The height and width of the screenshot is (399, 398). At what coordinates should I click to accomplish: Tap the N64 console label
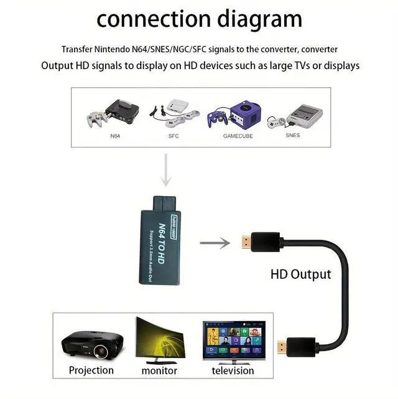tap(114, 135)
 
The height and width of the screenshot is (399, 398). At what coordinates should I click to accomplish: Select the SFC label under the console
tap(174, 135)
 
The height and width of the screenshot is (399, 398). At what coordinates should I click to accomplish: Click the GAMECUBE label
tap(238, 135)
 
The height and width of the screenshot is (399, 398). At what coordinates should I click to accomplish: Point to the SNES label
tap(292, 134)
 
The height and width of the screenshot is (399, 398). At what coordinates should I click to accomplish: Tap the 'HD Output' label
tap(300, 274)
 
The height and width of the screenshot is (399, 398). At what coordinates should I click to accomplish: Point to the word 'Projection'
tap(91, 370)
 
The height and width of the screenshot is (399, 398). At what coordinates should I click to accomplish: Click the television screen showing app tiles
tap(234, 340)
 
